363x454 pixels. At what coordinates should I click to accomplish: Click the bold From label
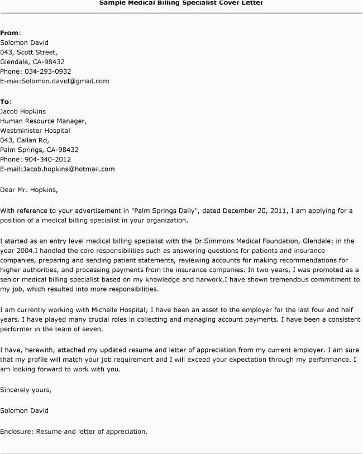tap(9, 33)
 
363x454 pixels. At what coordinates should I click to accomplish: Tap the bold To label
tap(5, 102)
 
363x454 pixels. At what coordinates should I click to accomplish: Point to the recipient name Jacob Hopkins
tap(23, 111)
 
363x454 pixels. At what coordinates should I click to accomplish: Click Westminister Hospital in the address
tap(35, 130)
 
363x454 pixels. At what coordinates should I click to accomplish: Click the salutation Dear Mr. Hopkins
tap(28, 189)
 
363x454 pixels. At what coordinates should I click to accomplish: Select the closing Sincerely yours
tap(26, 389)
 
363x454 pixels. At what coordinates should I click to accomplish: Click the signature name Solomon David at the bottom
tap(24, 410)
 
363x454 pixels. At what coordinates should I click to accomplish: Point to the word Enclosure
tap(17, 431)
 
